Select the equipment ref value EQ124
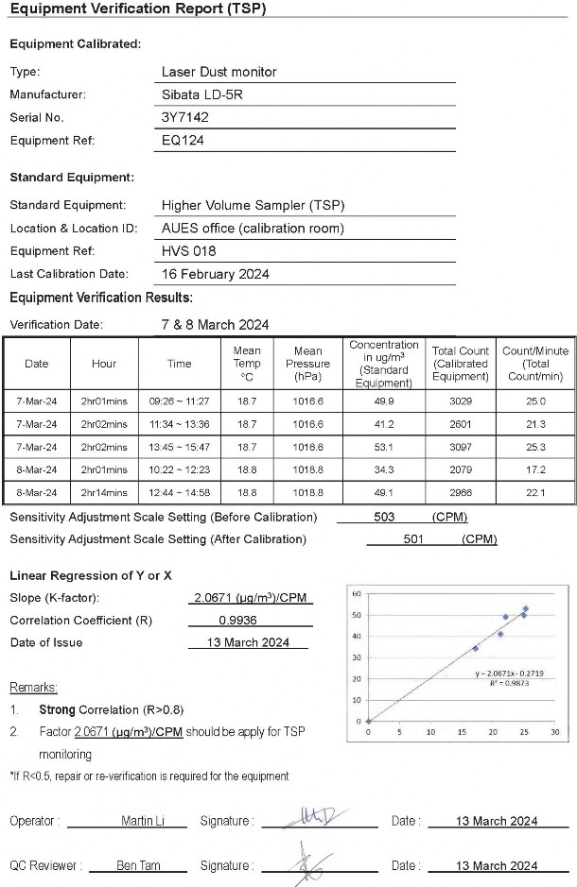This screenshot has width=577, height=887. (x=184, y=141)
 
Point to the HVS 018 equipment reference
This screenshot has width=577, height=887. (x=189, y=251)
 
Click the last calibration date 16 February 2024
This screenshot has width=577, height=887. (x=216, y=274)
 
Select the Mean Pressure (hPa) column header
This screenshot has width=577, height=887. (x=307, y=364)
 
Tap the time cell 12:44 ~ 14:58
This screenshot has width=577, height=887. (x=179, y=493)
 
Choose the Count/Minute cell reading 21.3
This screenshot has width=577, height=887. (x=535, y=424)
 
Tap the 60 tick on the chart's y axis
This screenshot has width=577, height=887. (x=356, y=593)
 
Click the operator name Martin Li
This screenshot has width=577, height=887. (x=142, y=821)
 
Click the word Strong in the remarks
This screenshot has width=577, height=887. (x=57, y=708)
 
